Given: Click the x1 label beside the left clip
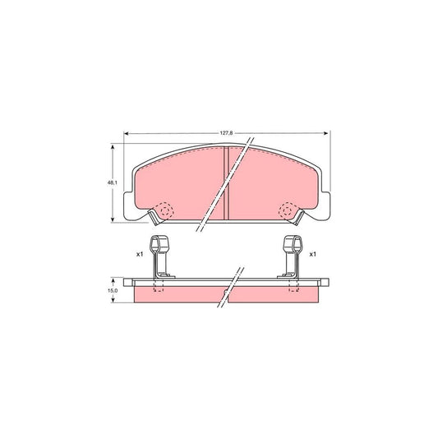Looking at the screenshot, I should (x=141, y=255).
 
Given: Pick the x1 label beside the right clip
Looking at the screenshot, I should (x=312, y=255).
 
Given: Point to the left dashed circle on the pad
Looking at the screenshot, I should (x=164, y=211).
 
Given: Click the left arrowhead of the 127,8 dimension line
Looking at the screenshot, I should (x=126, y=134).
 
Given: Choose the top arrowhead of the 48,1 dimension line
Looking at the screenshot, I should (x=112, y=147).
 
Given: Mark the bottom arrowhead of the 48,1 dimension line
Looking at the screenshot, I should (x=112, y=220).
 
